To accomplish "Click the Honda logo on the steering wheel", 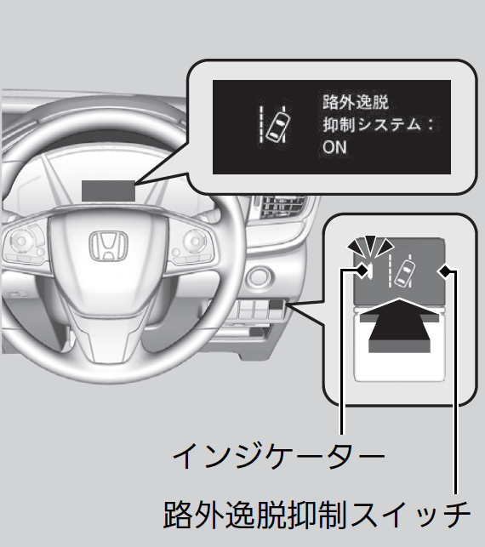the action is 109,246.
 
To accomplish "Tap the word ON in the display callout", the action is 334,147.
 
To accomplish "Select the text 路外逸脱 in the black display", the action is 355,103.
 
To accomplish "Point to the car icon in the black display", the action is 278,124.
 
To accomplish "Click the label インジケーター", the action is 278,456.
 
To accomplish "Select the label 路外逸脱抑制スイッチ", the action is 317,515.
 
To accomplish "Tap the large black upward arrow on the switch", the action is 399,325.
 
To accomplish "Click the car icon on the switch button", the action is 405,274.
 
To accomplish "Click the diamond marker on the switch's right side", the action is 445,271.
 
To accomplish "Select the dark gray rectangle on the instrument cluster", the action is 108,191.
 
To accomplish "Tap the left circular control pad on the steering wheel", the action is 21,241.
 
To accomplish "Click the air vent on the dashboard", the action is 281,208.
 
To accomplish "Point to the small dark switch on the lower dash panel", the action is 276,305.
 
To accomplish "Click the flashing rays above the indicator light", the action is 370,244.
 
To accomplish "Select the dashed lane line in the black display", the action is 260,125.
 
